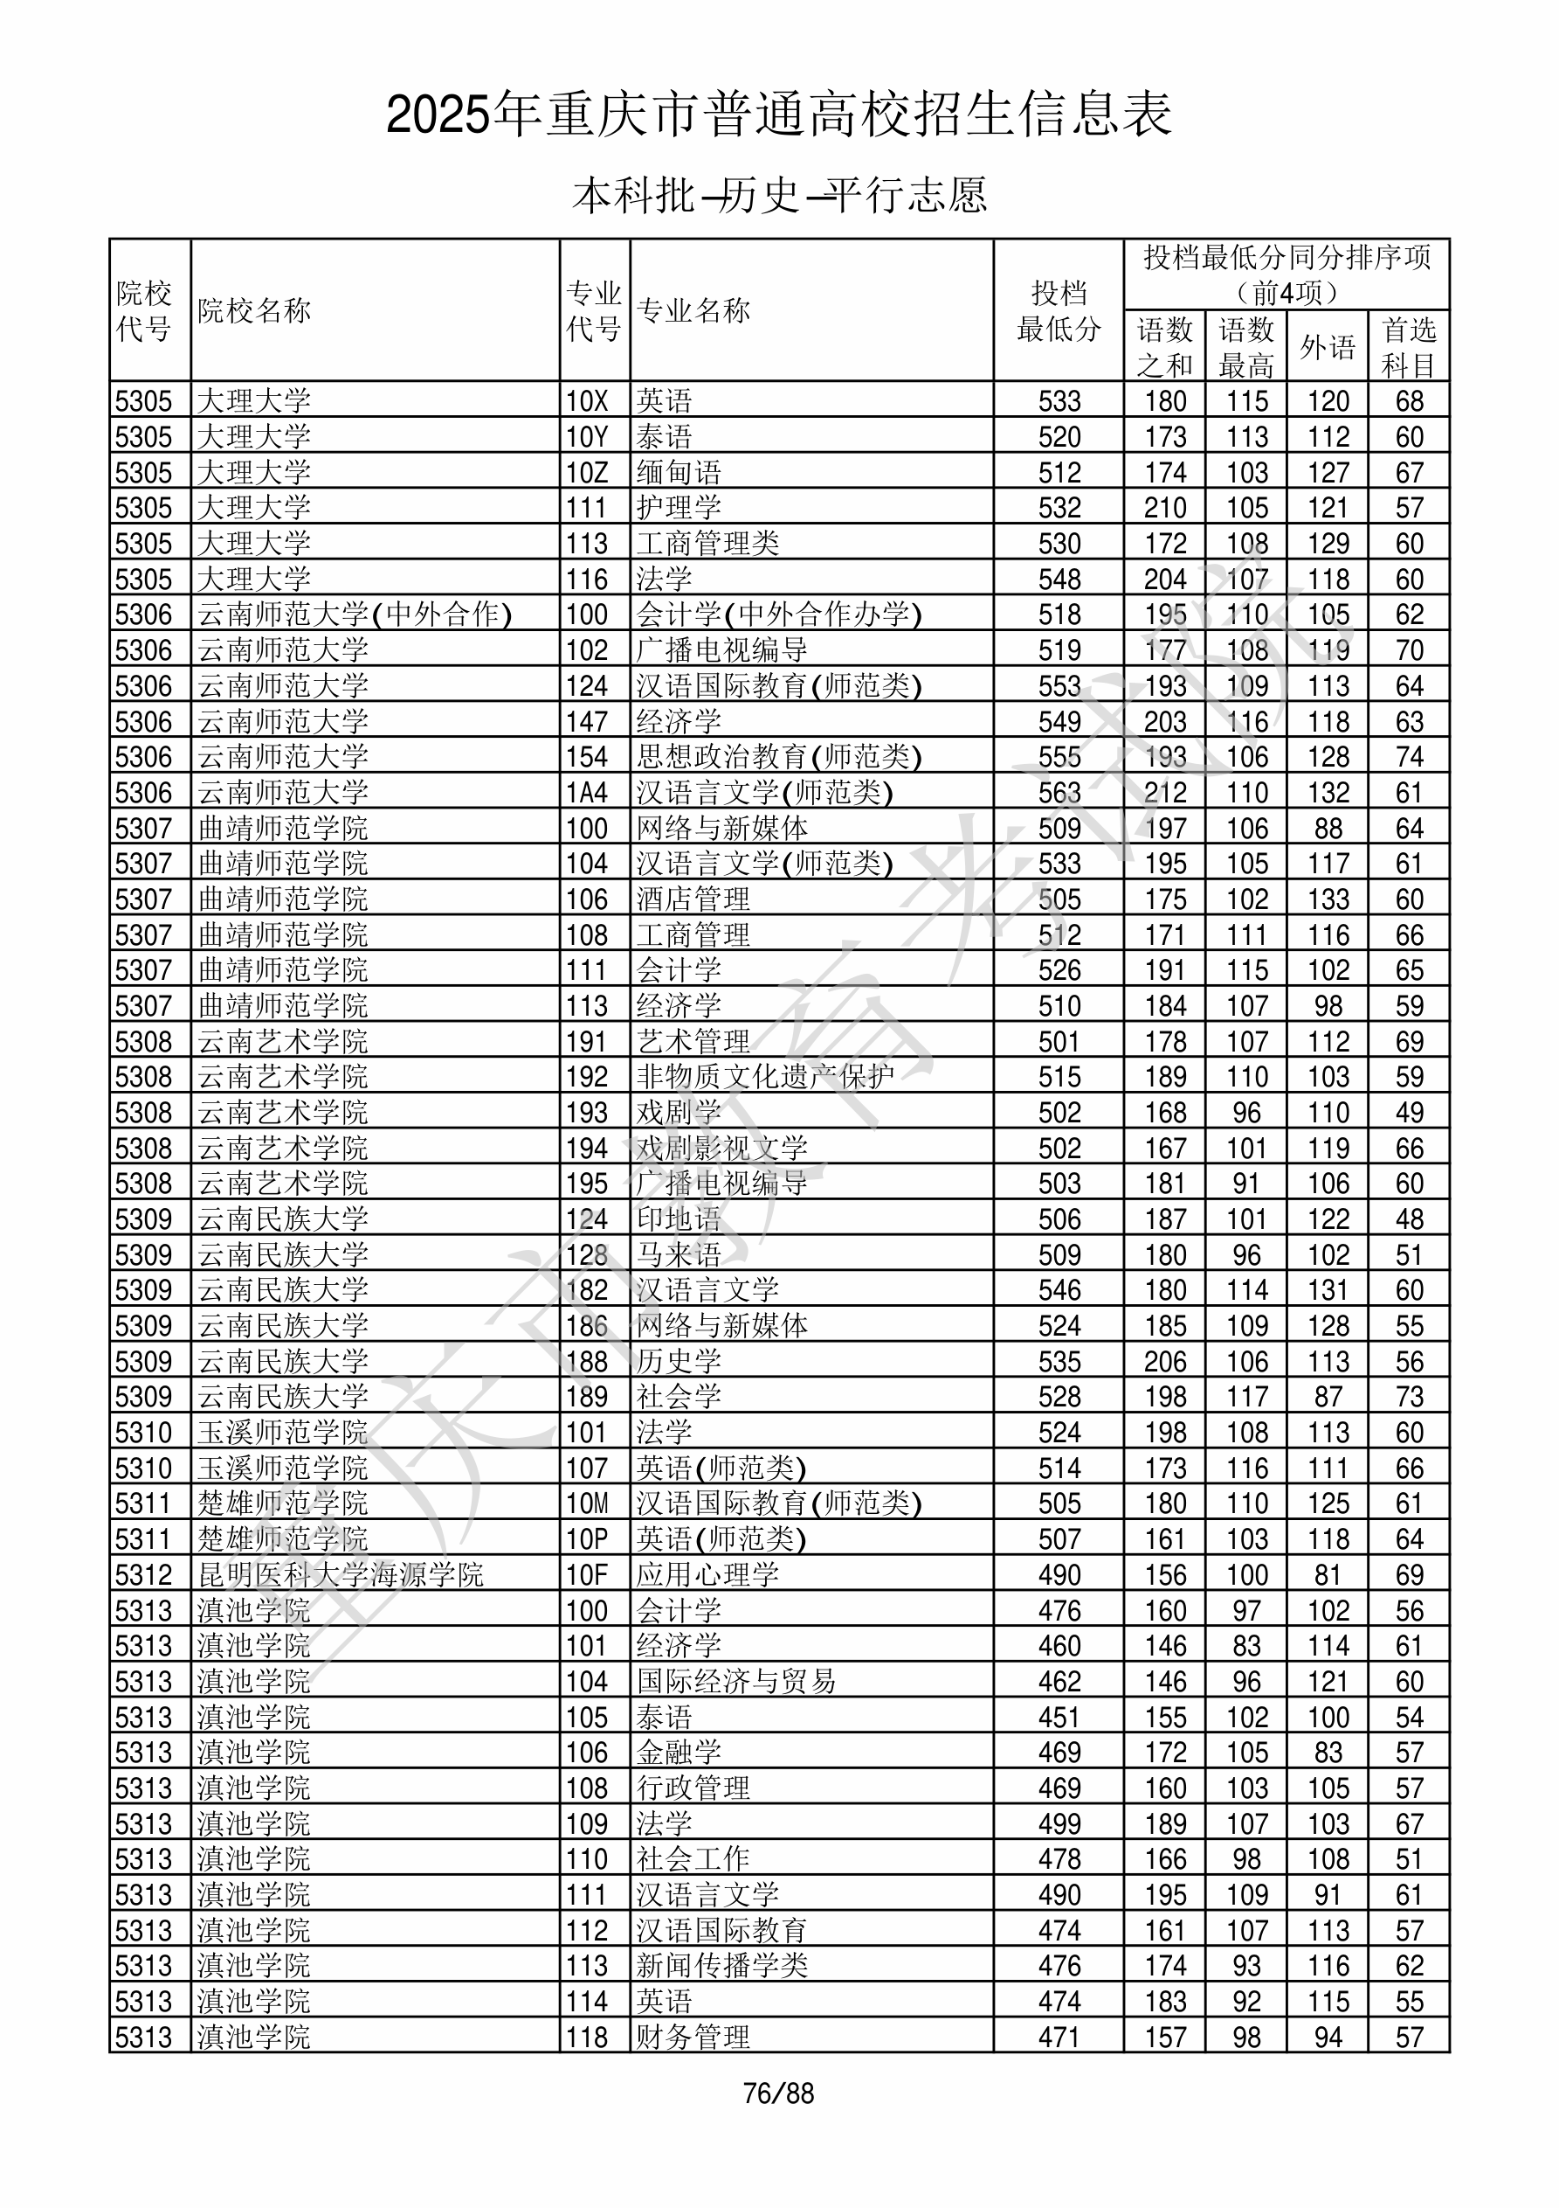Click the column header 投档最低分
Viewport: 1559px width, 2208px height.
1059,310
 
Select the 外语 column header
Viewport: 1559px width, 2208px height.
1328,346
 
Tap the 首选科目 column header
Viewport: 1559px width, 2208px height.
1408,346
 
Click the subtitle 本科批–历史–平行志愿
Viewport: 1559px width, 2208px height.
779,195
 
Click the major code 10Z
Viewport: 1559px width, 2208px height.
586,472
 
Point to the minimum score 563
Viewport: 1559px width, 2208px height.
1059,793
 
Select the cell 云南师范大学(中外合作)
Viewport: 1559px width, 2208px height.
355,614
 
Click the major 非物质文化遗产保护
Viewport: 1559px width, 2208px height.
765,1076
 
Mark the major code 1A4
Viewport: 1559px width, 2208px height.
586,793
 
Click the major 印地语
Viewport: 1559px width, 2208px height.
679,1219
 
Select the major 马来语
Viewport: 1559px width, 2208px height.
679,1254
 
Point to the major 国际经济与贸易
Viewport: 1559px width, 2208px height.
736,1681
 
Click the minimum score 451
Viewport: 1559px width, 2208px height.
1059,1717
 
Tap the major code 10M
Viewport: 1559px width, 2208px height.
587,1503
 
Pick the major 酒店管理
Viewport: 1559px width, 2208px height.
693,899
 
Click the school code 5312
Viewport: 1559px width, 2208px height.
143,1574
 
